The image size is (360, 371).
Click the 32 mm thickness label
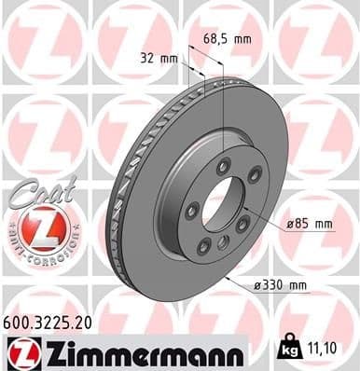point(149,58)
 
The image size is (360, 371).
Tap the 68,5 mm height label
point(228,39)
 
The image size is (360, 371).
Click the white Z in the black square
point(20,351)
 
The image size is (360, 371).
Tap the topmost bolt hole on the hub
point(223,166)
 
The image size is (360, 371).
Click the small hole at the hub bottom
point(223,243)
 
